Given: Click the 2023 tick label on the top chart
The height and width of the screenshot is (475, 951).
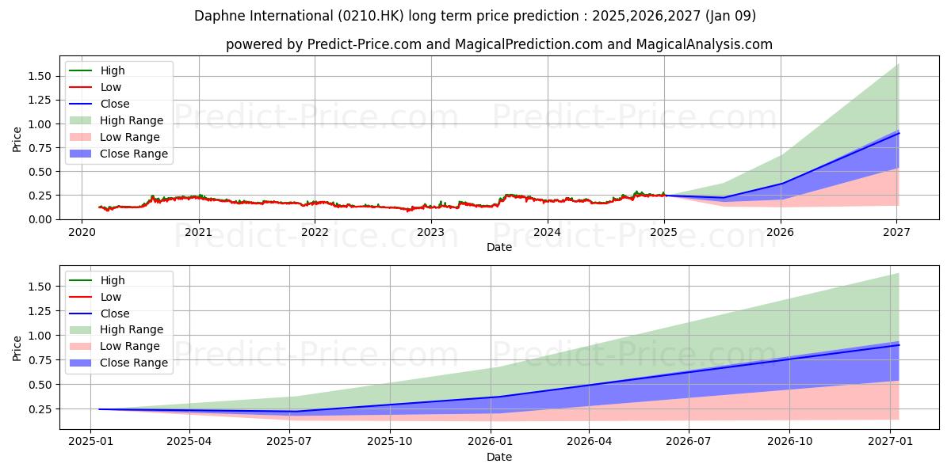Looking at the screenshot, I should point(431,232).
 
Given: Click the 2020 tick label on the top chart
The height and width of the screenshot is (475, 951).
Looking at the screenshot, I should point(82,232).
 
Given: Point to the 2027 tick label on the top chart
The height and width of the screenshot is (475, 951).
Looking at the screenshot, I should point(896,232).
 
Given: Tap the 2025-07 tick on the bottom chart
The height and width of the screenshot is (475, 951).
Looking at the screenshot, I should point(289,442).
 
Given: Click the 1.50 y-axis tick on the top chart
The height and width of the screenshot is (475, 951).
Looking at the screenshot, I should point(40,76).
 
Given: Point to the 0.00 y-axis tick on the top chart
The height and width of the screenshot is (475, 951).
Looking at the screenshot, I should point(40,219).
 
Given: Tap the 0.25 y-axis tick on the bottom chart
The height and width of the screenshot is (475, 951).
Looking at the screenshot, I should point(40,409).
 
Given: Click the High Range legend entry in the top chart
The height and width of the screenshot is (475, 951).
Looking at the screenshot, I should point(132,120).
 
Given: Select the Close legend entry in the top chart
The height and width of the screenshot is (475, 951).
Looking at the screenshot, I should point(114,104).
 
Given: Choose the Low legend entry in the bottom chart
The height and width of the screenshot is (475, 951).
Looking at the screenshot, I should point(110,297).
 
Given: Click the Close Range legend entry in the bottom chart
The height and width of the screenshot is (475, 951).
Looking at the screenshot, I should point(133,363).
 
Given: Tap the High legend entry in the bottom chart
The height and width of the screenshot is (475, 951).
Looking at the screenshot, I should point(112,280).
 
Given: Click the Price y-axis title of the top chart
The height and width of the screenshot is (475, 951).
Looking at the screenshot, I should point(17,139).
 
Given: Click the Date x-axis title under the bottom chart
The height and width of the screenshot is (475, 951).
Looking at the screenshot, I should point(499,457).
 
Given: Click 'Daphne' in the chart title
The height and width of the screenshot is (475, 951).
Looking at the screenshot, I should point(217,16).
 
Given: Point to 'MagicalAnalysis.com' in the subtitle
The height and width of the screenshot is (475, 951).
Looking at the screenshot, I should point(706,44).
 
